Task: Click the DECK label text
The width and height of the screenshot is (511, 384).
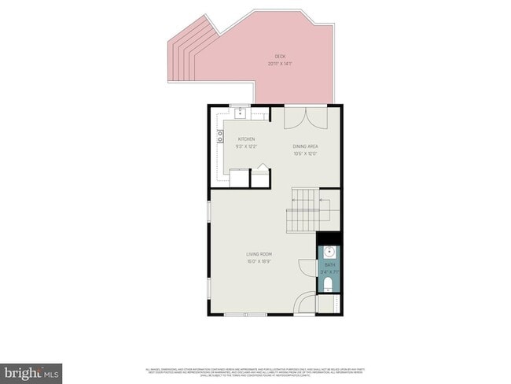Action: click(x=280, y=56)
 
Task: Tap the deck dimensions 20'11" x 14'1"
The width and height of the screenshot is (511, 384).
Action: click(x=280, y=63)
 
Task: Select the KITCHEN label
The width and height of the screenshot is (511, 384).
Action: click(x=246, y=139)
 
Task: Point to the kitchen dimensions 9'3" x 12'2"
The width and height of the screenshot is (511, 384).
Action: click(x=246, y=146)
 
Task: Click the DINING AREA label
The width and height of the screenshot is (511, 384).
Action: click(x=305, y=146)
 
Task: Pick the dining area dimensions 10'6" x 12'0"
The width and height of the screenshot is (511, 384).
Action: click(x=305, y=153)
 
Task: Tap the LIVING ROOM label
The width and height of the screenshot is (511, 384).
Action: click(x=259, y=253)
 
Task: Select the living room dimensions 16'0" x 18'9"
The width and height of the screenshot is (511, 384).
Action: click(x=259, y=260)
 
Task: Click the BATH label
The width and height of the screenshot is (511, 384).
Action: click(x=329, y=266)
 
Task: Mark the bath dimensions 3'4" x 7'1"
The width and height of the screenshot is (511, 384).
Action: click(x=329, y=272)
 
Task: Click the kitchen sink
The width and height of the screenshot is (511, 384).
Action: click(x=240, y=113)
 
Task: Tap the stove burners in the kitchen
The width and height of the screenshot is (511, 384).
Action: click(x=220, y=138)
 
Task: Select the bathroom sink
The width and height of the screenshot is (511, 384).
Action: click(x=329, y=253)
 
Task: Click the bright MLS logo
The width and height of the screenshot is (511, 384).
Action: click(x=31, y=371)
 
